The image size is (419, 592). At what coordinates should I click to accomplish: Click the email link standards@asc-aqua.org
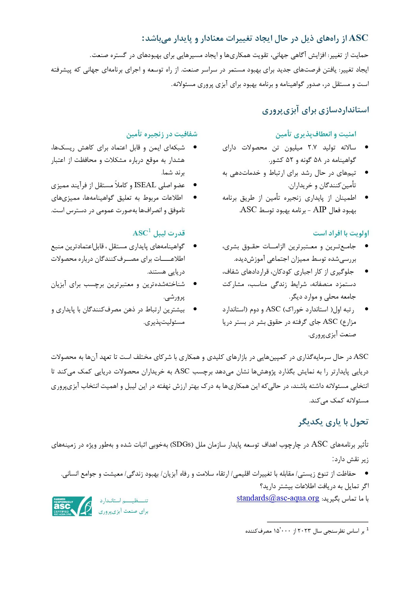(x=278, y=498)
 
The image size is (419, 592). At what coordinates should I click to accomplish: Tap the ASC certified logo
(x=72, y=506)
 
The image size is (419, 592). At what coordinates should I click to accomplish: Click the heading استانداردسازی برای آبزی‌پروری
(x=315, y=110)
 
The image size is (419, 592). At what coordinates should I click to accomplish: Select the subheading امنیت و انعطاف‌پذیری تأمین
(x=316, y=134)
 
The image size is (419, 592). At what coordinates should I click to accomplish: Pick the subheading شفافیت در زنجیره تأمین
(x=162, y=134)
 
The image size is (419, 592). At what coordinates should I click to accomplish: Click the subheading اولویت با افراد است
(x=341, y=233)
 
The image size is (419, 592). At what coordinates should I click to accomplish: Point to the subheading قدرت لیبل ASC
(x=159, y=233)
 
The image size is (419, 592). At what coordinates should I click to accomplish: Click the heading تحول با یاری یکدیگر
(x=333, y=422)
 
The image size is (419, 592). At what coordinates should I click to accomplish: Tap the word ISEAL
(x=145, y=185)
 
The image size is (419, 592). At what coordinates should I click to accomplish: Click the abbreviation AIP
(x=319, y=210)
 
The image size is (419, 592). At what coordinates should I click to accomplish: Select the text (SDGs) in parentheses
(x=181, y=444)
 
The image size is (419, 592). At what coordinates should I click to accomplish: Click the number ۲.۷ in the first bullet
(x=312, y=147)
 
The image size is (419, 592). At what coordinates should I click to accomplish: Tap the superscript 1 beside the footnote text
(x=367, y=529)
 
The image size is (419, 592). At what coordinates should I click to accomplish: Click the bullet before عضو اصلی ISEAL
(x=195, y=185)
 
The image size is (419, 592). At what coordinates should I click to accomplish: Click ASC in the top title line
(x=358, y=38)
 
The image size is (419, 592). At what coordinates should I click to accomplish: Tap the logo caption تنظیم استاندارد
(x=124, y=501)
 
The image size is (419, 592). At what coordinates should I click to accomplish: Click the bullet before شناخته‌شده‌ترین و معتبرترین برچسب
(x=195, y=284)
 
